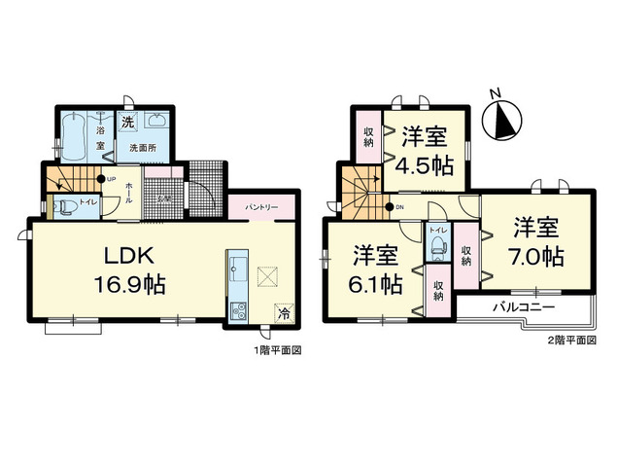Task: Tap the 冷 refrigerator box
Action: click(285, 313)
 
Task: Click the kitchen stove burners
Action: click(238, 310)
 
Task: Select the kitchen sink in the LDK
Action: click(238, 269)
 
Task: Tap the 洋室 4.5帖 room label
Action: click(425, 150)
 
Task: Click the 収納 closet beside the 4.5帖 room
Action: click(369, 137)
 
